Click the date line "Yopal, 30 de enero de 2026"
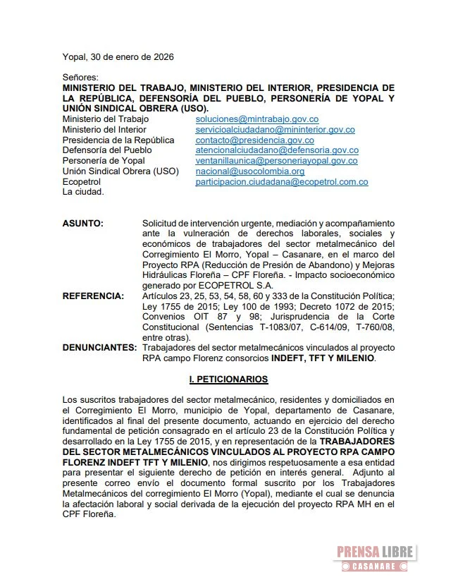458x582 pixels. pyautogui.click(x=118, y=56)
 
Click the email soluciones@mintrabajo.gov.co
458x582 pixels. pyautogui.click(x=257, y=120)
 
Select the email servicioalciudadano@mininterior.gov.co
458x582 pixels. pyautogui.click(x=275, y=130)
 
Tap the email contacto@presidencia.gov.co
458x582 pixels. pyautogui.click(x=254, y=140)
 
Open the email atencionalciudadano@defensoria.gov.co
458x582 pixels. pyautogui.click(x=277, y=150)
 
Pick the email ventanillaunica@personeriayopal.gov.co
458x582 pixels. pyautogui.click(x=276, y=161)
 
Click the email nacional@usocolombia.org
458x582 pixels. pyautogui.click(x=250, y=171)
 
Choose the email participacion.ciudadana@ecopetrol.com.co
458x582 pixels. pyautogui.click(x=282, y=182)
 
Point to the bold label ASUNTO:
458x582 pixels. pyautogui.click(x=82, y=223)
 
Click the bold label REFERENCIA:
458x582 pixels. pyautogui.click(x=93, y=295)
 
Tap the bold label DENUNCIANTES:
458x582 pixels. pyautogui.click(x=99, y=348)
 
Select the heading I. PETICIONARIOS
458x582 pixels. pyautogui.click(x=228, y=380)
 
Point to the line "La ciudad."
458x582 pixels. pyautogui.click(x=83, y=192)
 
